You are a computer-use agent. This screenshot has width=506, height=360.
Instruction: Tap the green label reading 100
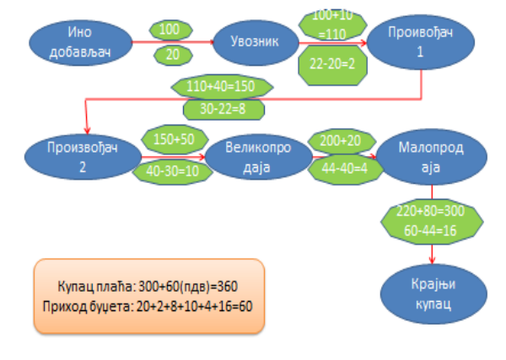coord(170,30)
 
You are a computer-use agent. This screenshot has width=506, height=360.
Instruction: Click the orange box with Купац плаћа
coord(149,295)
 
